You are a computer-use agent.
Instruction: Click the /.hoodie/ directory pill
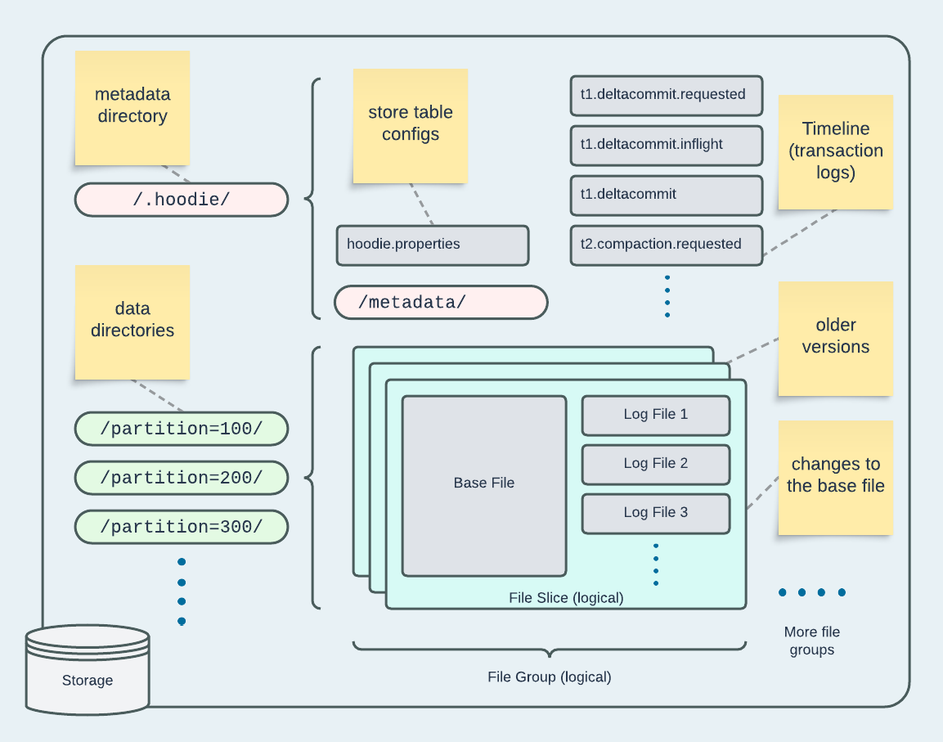click(x=181, y=200)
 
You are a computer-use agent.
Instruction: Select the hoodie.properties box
click(x=432, y=245)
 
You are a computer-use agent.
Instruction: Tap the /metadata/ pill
click(x=440, y=302)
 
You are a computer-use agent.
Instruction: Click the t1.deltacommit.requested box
click(x=666, y=95)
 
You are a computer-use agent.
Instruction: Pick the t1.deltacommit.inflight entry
click(x=666, y=145)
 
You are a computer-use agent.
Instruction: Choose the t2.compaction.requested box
click(x=666, y=245)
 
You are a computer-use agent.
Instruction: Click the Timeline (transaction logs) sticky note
click(x=835, y=151)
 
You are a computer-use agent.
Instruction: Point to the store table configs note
click(x=410, y=124)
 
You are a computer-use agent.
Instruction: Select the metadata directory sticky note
click(x=132, y=106)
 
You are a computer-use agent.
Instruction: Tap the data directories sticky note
click(x=132, y=321)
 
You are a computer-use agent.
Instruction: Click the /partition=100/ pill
click(x=181, y=429)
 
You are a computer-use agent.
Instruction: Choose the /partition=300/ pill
click(x=181, y=527)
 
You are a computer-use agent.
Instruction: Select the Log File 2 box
click(x=655, y=464)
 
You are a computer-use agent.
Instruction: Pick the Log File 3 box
click(x=655, y=513)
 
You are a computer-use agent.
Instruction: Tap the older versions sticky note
click(x=835, y=337)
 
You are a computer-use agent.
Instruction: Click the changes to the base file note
click(x=835, y=476)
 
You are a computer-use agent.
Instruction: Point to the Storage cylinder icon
click(x=87, y=669)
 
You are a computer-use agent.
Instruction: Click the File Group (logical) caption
click(x=549, y=677)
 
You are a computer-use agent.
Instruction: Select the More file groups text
click(x=811, y=641)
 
